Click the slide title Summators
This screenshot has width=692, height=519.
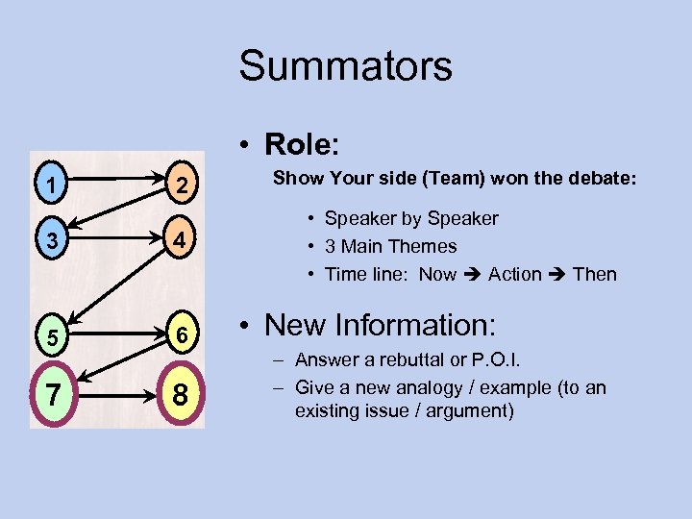(345, 66)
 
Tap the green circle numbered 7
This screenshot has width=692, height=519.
(55, 393)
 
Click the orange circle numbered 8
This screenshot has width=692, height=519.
(180, 395)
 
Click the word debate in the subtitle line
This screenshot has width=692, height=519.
(605, 178)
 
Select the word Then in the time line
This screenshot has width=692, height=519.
(594, 274)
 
